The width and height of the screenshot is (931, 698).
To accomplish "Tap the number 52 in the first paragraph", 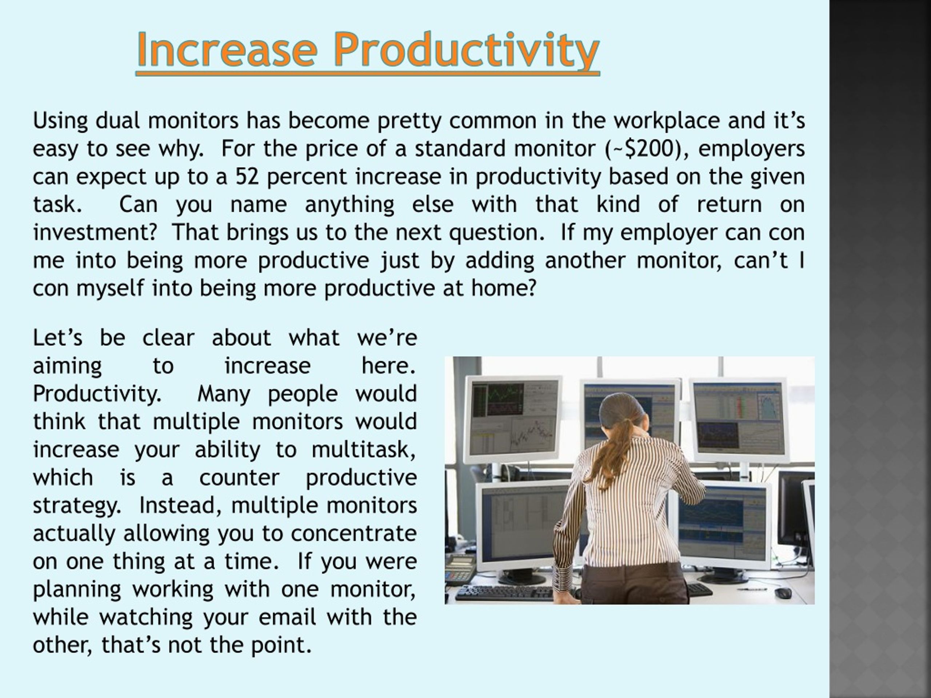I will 247,177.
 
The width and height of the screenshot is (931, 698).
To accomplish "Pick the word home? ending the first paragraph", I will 504,289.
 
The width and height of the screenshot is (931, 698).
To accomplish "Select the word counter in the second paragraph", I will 239,478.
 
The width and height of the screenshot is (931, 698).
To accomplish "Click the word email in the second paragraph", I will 287,618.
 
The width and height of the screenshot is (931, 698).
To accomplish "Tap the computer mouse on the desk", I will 783,593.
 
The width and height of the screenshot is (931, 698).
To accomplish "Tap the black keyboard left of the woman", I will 505,593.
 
